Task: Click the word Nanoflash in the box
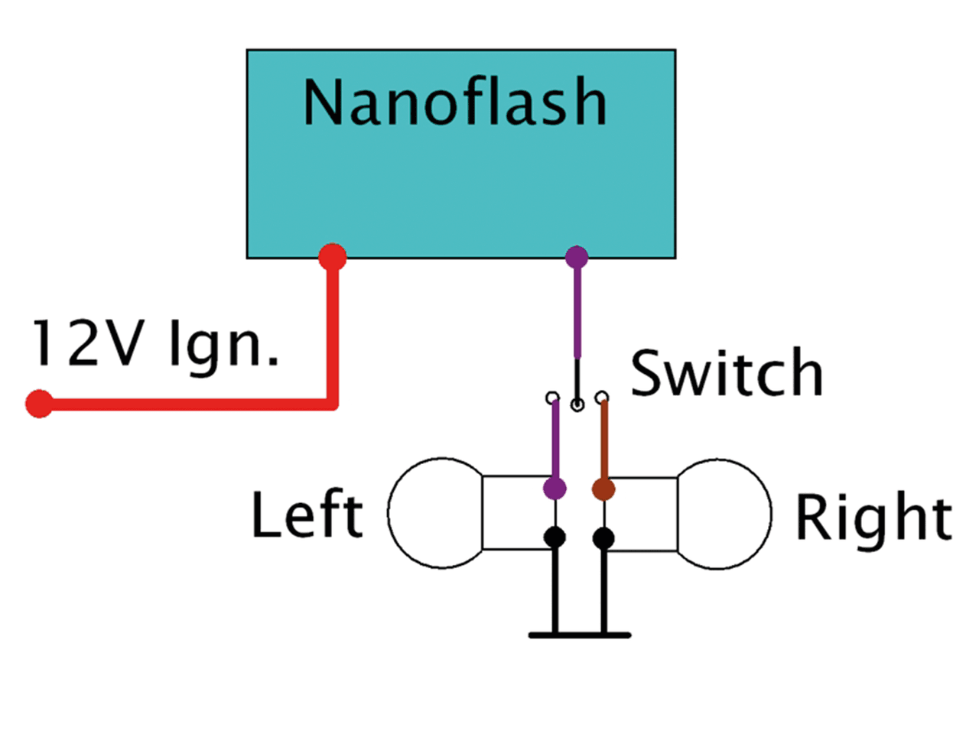[455, 102]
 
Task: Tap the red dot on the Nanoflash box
[332, 257]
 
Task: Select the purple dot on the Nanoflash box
[577, 257]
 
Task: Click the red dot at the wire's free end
[39, 403]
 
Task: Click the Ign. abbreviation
[223, 346]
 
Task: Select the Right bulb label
[873, 518]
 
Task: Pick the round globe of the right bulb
[725, 514]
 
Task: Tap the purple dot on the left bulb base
[555, 488]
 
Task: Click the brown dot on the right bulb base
[603, 489]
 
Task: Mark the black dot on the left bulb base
[555, 538]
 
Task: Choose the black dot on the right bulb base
[603, 538]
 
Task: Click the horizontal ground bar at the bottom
[580, 635]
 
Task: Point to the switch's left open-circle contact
[552, 398]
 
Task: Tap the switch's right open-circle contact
[603, 397]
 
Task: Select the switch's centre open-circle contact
[577, 404]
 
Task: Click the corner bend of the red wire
[332, 403]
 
